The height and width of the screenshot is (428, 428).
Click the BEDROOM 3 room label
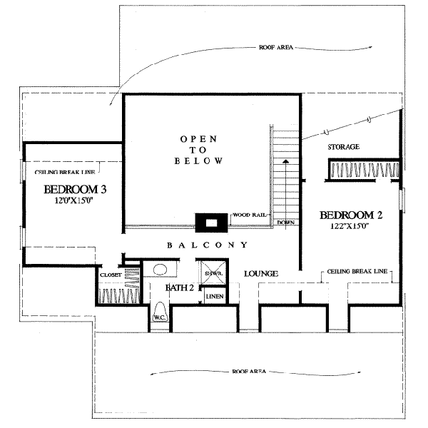[x=75, y=190]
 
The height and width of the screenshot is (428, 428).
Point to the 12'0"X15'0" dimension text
[x=74, y=201]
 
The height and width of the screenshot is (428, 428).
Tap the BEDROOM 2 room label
[x=352, y=215]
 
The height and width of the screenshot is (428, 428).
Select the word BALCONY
[x=208, y=245]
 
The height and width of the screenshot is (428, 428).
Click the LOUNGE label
[x=260, y=274]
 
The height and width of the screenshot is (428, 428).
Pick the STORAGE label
[x=343, y=147]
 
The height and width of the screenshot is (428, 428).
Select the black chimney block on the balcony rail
[x=210, y=223]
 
